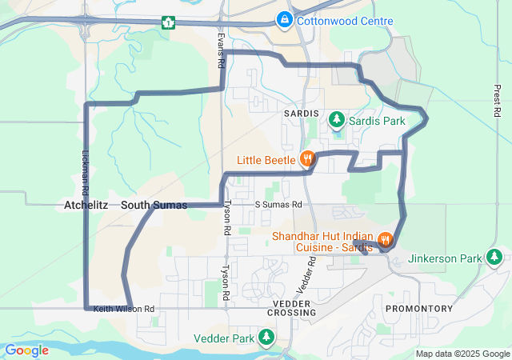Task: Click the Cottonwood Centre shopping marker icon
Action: click(x=284, y=18)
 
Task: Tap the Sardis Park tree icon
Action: click(x=338, y=120)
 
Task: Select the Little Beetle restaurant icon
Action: click(x=306, y=158)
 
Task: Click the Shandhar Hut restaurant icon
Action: click(x=386, y=238)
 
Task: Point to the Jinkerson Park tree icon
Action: click(x=495, y=257)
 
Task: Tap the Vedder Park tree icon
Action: click(x=267, y=338)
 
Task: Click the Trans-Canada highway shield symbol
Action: click(x=168, y=22)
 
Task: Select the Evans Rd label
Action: click(x=221, y=50)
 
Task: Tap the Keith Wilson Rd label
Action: click(x=123, y=309)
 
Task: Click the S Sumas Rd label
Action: click(x=278, y=205)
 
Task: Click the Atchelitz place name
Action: click(x=86, y=206)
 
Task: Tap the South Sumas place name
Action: click(x=154, y=206)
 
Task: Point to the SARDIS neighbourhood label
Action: click(x=302, y=114)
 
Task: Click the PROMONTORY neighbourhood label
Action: click(x=419, y=309)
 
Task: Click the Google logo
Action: click(x=26, y=350)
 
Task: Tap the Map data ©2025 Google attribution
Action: click(x=462, y=354)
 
